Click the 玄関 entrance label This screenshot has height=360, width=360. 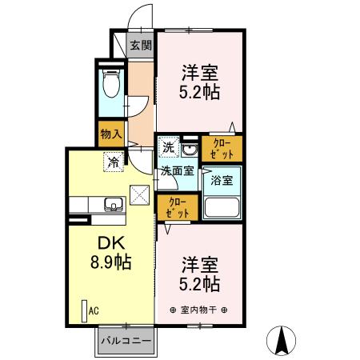[141, 45]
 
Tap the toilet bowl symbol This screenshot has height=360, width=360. [111, 83]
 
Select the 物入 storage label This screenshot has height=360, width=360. [110, 134]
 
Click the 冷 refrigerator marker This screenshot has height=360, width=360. [114, 161]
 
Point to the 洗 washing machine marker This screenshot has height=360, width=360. [168, 147]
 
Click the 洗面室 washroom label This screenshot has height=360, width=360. [177, 170]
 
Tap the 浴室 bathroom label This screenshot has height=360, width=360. [222, 180]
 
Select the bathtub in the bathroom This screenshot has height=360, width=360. [222, 207]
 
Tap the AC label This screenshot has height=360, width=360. [93, 310]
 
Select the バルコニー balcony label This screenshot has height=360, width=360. [126, 340]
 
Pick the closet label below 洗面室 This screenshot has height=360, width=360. [177, 206]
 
